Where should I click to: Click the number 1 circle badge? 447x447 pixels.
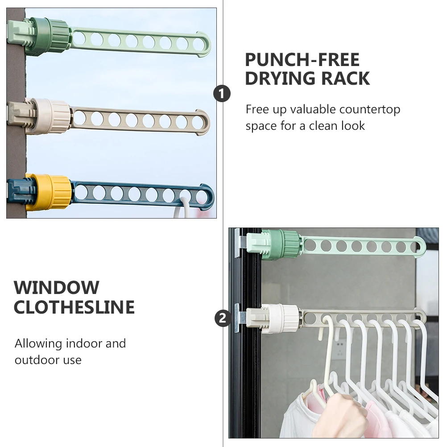[x=222, y=94]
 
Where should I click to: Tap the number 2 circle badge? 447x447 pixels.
[x=223, y=318]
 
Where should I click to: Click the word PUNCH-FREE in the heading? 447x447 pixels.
[x=302, y=60]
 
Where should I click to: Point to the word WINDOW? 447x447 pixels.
[x=57, y=287]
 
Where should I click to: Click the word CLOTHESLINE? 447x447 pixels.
[x=74, y=307]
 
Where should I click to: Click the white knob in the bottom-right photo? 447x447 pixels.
[x=280, y=318]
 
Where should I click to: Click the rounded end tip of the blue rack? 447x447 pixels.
[x=213, y=197]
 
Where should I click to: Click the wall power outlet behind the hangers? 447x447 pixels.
[x=340, y=350]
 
